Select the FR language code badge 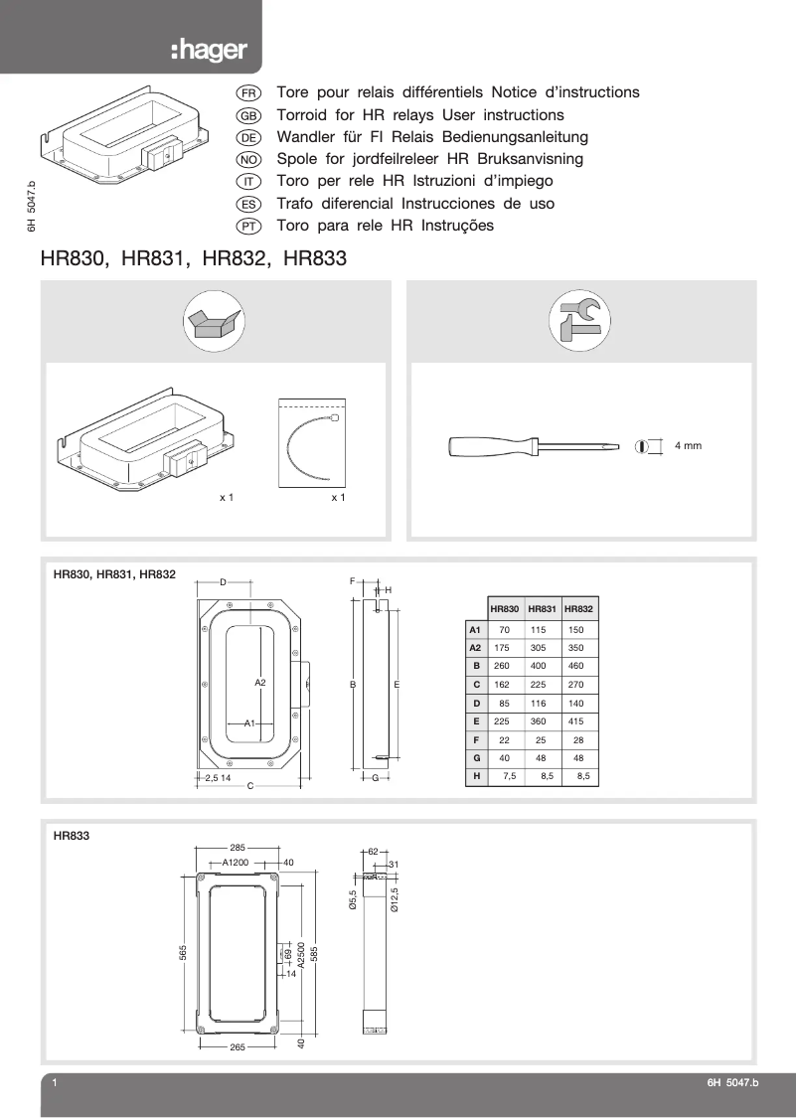[x=248, y=92]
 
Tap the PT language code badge [x=248, y=227]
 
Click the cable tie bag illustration [x=313, y=444]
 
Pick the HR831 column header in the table [x=542, y=608]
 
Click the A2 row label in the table [x=475, y=648]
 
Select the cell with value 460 [x=576, y=666]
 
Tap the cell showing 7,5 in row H [x=509, y=775]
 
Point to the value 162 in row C [x=504, y=685]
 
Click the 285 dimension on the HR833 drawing [x=238, y=848]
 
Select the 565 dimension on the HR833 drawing [x=184, y=953]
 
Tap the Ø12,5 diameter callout [x=395, y=899]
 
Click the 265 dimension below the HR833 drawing [x=238, y=1047]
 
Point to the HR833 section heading [x=72, y=837]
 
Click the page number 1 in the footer [x=55, y=1084]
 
